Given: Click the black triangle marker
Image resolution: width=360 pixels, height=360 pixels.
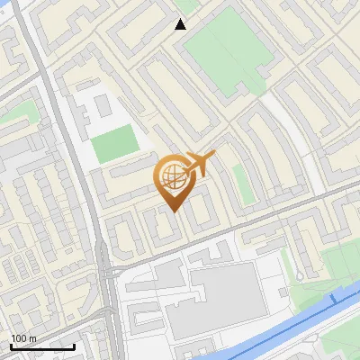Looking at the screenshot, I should (181, 24).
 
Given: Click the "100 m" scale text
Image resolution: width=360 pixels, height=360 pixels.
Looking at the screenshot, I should (23, 338).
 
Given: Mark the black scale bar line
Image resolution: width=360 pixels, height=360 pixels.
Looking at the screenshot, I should (41, 346).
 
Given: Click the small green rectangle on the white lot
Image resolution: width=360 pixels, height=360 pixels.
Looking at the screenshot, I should (116, 145).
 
